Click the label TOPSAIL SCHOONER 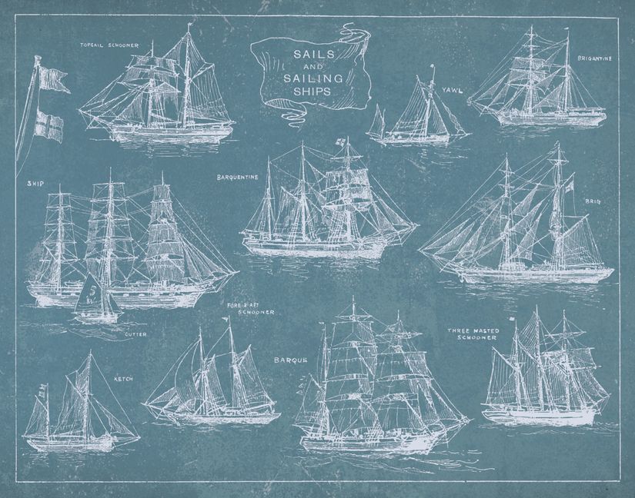(110, 45)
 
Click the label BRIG (593, 201)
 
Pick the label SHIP (35, 184)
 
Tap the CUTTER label (135, 334)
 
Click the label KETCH (124, 379)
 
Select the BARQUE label (290, 360)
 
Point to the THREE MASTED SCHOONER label (473, 334)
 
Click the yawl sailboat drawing (419, 115)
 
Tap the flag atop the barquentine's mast (338, 142)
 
